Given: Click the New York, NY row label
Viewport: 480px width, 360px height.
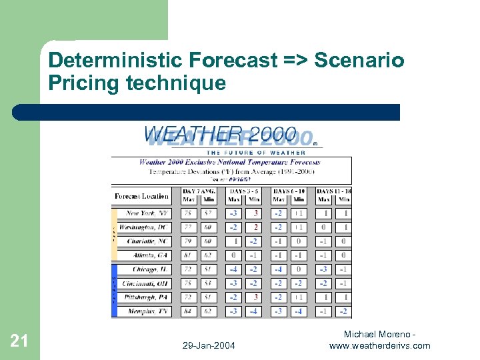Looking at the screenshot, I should click(x=147, y=213).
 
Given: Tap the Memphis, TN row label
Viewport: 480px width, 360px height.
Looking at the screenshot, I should click(x=148, y=311).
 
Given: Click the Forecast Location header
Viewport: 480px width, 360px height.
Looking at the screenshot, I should click(x=141, y=196).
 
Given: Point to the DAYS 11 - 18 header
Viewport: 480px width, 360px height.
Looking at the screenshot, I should click(x=333, y=192).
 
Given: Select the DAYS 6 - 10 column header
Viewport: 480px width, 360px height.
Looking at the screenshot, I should click(x=289, y=192).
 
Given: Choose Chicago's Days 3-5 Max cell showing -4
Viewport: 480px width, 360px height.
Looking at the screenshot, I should click(x=233, y=269).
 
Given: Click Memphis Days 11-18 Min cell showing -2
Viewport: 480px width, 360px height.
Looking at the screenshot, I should click(x=343, y=311).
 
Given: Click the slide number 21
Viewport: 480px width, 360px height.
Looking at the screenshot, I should click(x=19, y=341).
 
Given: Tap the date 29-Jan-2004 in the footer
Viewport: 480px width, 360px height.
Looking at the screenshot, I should click(x=208, y=345).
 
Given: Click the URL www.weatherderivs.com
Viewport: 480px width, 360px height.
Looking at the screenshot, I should click(x=379, y=345).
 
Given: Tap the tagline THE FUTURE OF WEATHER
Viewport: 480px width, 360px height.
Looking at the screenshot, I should click(x=256, y=153).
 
